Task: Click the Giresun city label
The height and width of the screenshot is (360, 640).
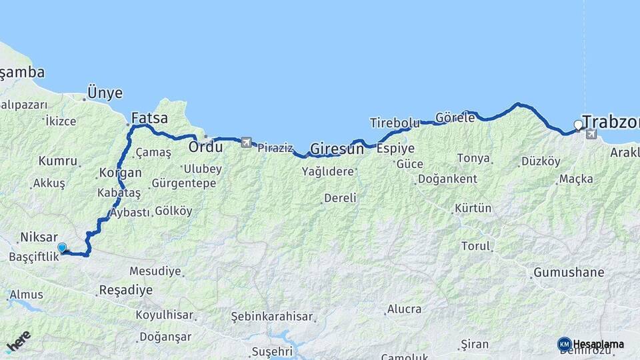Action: point(337,149)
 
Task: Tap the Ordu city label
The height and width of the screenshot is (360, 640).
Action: point(205,146)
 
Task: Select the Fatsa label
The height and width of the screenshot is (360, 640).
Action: point(149,119)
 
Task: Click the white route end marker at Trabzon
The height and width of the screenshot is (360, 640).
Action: point(578,125)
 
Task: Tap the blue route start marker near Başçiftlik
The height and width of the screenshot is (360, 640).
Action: point(62,247)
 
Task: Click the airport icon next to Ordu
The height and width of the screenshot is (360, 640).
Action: point(247,142)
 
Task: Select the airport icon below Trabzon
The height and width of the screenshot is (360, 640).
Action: point(591,135)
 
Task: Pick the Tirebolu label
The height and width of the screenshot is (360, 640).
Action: point(395,123)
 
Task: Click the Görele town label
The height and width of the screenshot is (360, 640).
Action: point(455,117)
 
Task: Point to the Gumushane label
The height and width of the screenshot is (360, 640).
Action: point(568,272)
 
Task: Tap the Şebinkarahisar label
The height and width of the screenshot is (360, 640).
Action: point(271,315)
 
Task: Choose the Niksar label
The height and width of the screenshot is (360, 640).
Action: point(39,237)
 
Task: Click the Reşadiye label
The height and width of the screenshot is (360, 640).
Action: point(125,290)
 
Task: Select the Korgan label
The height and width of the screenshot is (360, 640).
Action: point(120,173)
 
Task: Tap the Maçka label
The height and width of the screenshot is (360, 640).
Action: point(576,179)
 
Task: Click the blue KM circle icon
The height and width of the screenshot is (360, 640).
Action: point(564,344)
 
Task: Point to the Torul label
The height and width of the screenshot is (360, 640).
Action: point(475,246)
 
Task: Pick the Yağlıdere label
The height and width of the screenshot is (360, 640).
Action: point(327,171)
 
